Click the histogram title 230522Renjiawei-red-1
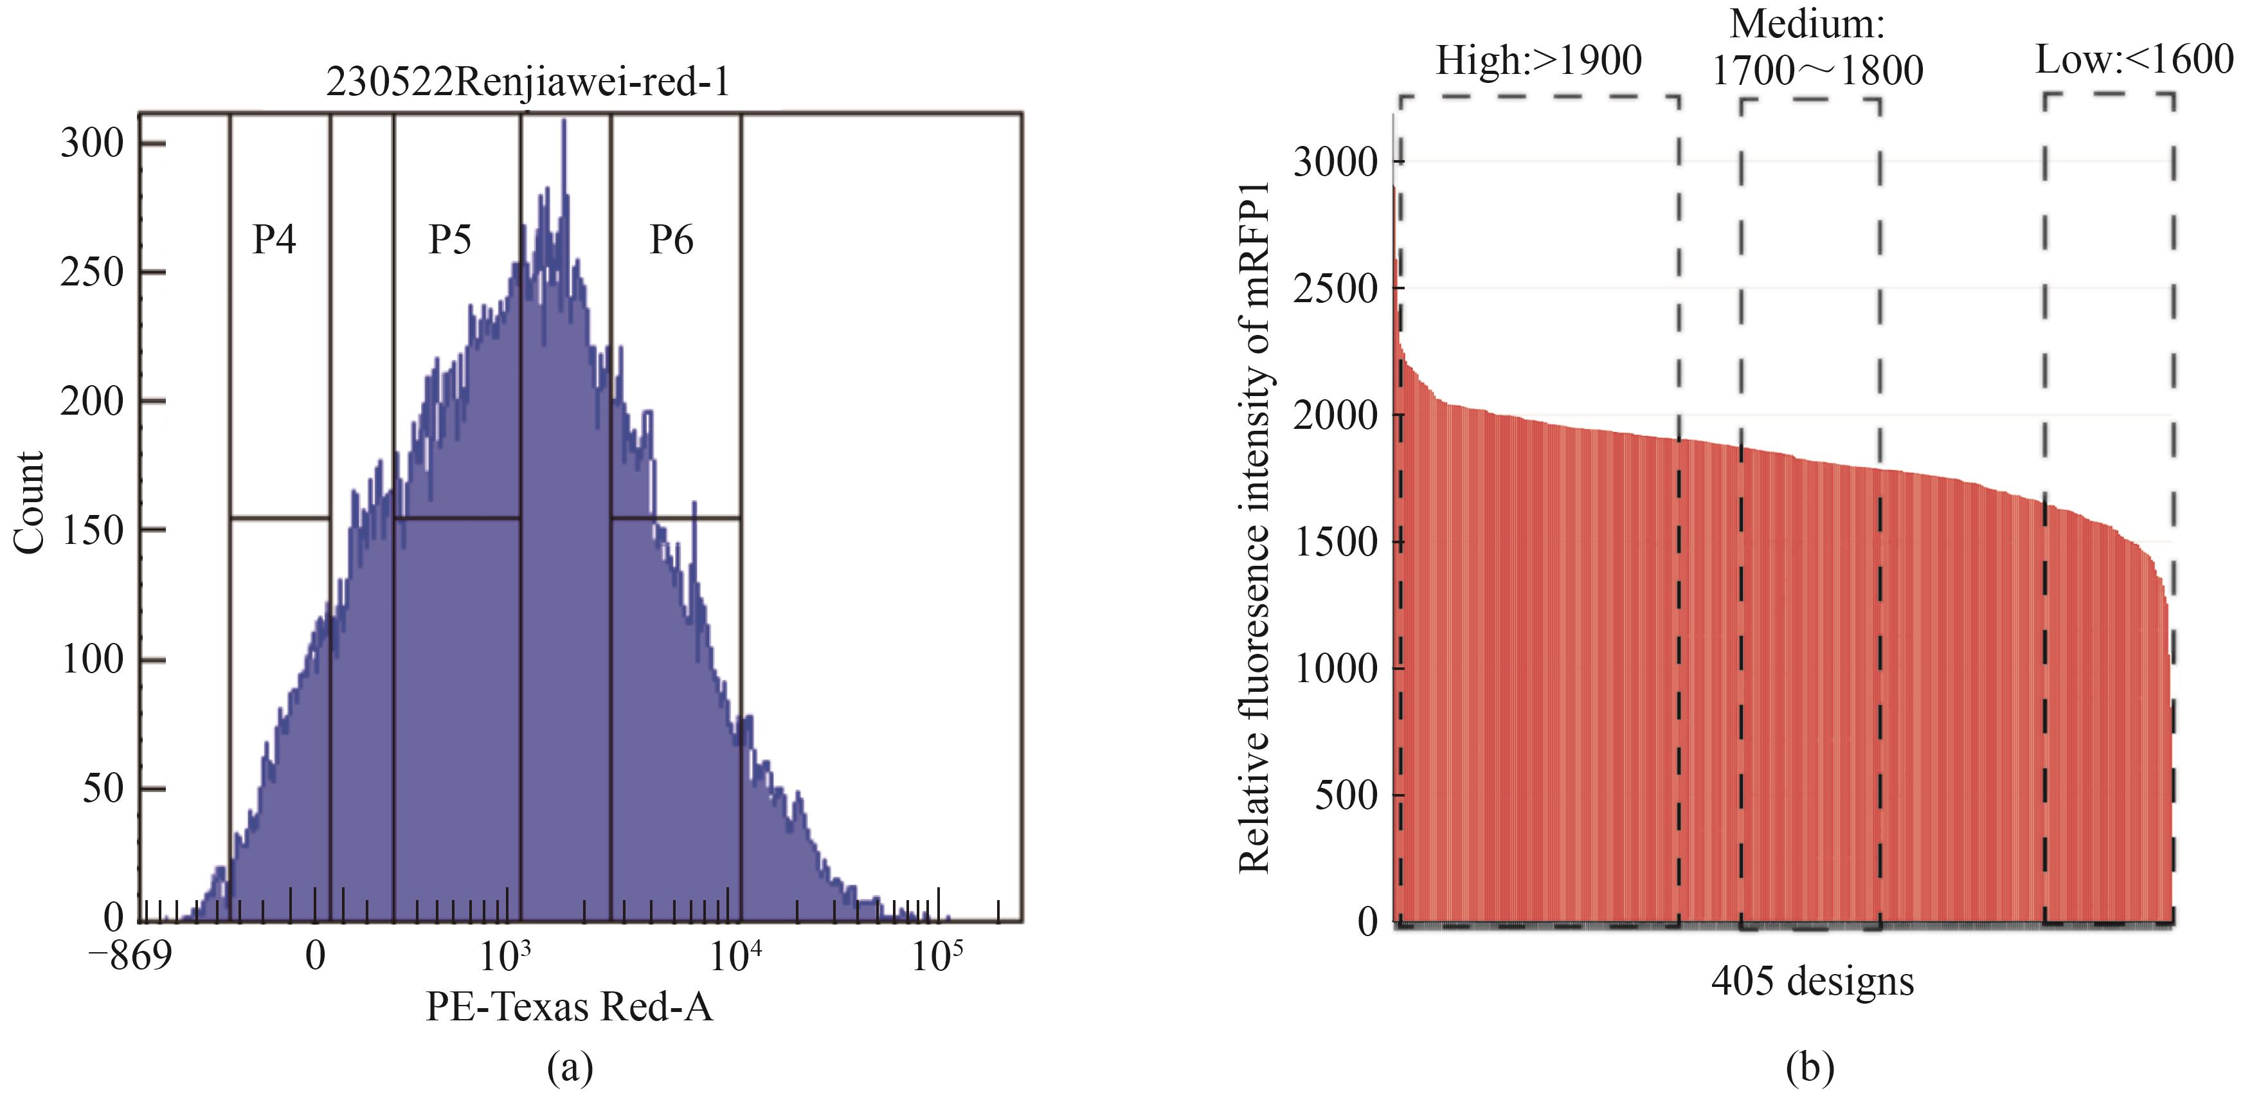coord(528,83)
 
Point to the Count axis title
coord(30,503)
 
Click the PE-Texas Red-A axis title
coord(569,1007)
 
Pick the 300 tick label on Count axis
coord(93,143)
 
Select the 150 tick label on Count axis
coord(93,530)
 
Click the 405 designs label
coord(1812,981)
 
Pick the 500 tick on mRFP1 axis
coord(1346,796)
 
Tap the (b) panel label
coord(1810,1068)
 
